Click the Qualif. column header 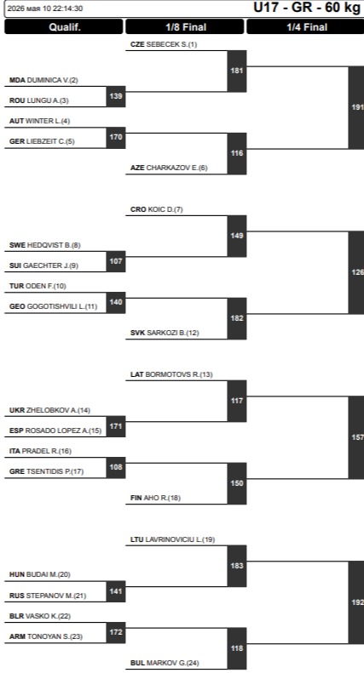click(x=64, y=27)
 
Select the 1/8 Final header click(x=185, y=27)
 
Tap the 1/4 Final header click(x=306, y=27)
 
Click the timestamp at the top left click(x=45, y=9)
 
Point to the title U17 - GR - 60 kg click(x=307, y=8)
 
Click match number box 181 click(x=237, y=71)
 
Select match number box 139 click(x=116, y=96)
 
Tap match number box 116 click(x=237, y=153)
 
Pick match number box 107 click(x=116, y=261)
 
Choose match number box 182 click(x=237, y=318)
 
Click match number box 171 click(x=116, y=426)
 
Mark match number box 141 click(x=116, y=591)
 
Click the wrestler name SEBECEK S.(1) click(x=171, y=44)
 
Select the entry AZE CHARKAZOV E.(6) click(x=169, y=168)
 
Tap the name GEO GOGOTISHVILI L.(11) click(x=54, y=306)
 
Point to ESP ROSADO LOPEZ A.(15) click(x=55, y=431)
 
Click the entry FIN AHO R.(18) click(x=155, y=498)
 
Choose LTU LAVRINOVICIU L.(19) click(x=172, y=539)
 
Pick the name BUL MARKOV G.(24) click(x=165, y=663)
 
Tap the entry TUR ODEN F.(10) click(x=38, y=286)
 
